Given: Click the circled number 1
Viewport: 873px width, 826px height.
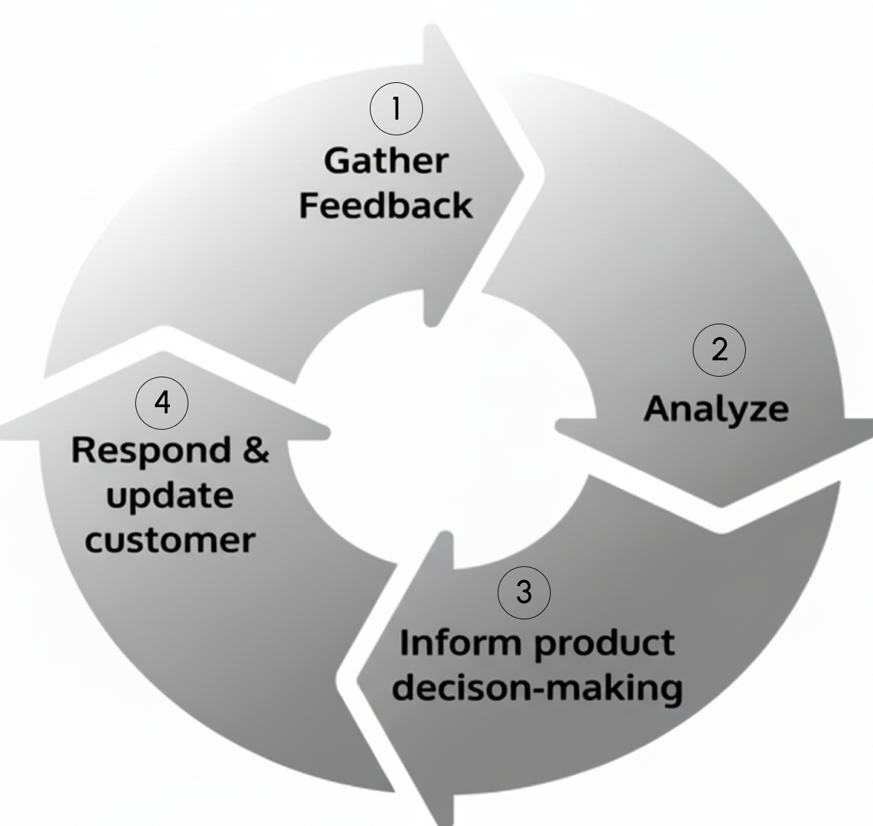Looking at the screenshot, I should click(396, 109).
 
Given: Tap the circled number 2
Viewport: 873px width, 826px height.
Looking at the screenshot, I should click(719, 350).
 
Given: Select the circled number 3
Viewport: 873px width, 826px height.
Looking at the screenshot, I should click(524, 592).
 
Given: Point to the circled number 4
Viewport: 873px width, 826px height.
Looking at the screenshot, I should click(162, 402).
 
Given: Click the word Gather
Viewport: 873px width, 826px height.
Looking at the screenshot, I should click(386, 161).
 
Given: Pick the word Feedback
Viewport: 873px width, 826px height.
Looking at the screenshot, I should click(386, 205).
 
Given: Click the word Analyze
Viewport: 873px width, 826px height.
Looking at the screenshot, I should click(716, 409).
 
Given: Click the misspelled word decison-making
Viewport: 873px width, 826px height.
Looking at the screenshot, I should click(537, 687).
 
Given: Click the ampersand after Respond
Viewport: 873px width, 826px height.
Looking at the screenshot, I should click(256, 449).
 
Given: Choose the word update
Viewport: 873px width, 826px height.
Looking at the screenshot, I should click(170, 495).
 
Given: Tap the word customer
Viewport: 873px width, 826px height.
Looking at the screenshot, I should click(170, 540).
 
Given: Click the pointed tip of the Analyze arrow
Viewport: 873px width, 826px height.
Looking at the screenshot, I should click(721, 504).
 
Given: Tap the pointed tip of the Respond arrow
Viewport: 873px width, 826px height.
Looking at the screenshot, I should click(163, 354).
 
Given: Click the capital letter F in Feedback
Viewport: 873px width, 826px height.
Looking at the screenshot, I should click(309, 205).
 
